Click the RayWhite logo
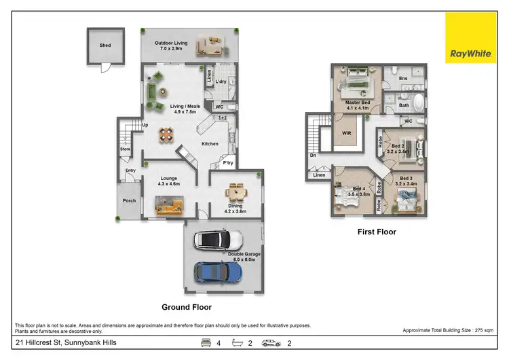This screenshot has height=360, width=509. [470, 38]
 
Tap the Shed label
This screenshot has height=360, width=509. [105, 46]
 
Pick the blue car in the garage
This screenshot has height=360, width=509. [218, 272]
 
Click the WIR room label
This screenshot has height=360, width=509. [344, 134]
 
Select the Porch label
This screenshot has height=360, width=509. [129, 200]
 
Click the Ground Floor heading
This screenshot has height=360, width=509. [186, 306]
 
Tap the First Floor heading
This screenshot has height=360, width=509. [377, 232]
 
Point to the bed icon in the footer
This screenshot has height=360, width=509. [204, 344]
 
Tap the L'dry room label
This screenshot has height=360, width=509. [221, 82]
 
